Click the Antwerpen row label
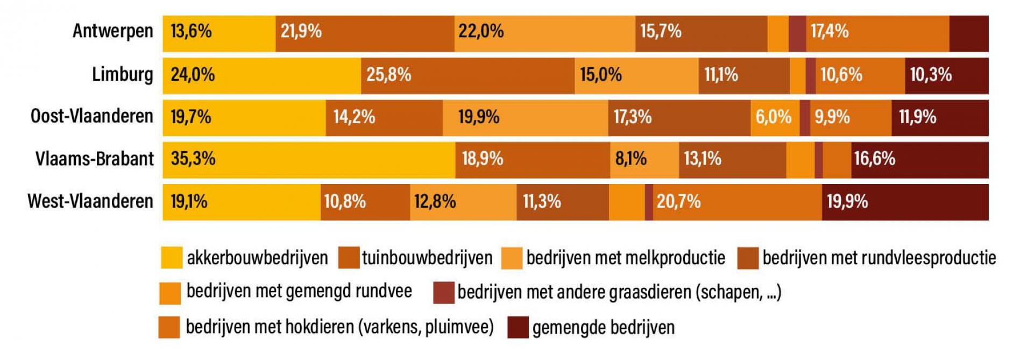point(112,31)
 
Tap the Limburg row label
point(122,74)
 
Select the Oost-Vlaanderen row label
point(91,116)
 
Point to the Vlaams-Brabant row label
point(94,159)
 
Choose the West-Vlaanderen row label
point(90,201)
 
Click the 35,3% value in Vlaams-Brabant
point(193,159)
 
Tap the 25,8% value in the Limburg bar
point(388,74)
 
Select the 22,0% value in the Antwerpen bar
point(481,31)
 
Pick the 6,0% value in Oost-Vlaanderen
point(773,117)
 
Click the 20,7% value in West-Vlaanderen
point(678,202)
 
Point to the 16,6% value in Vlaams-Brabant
point(875,159)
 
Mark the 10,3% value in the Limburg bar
point(931,74)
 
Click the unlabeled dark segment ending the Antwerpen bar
point(968,33)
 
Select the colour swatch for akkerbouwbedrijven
point(172,258)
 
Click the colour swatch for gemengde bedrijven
point(518,327)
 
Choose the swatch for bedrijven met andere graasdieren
point(444,293)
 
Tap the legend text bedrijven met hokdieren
point(339,327)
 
